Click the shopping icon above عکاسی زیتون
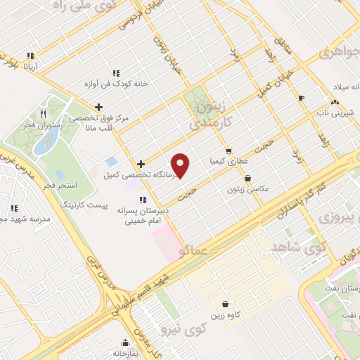click(x=248, y=179)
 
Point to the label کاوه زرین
click(x=224, y=316)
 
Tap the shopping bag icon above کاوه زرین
click(x=224, y=304)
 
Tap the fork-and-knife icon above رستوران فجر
click(x=43, y=113)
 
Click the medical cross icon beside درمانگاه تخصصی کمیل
click(x=141, y=163)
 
